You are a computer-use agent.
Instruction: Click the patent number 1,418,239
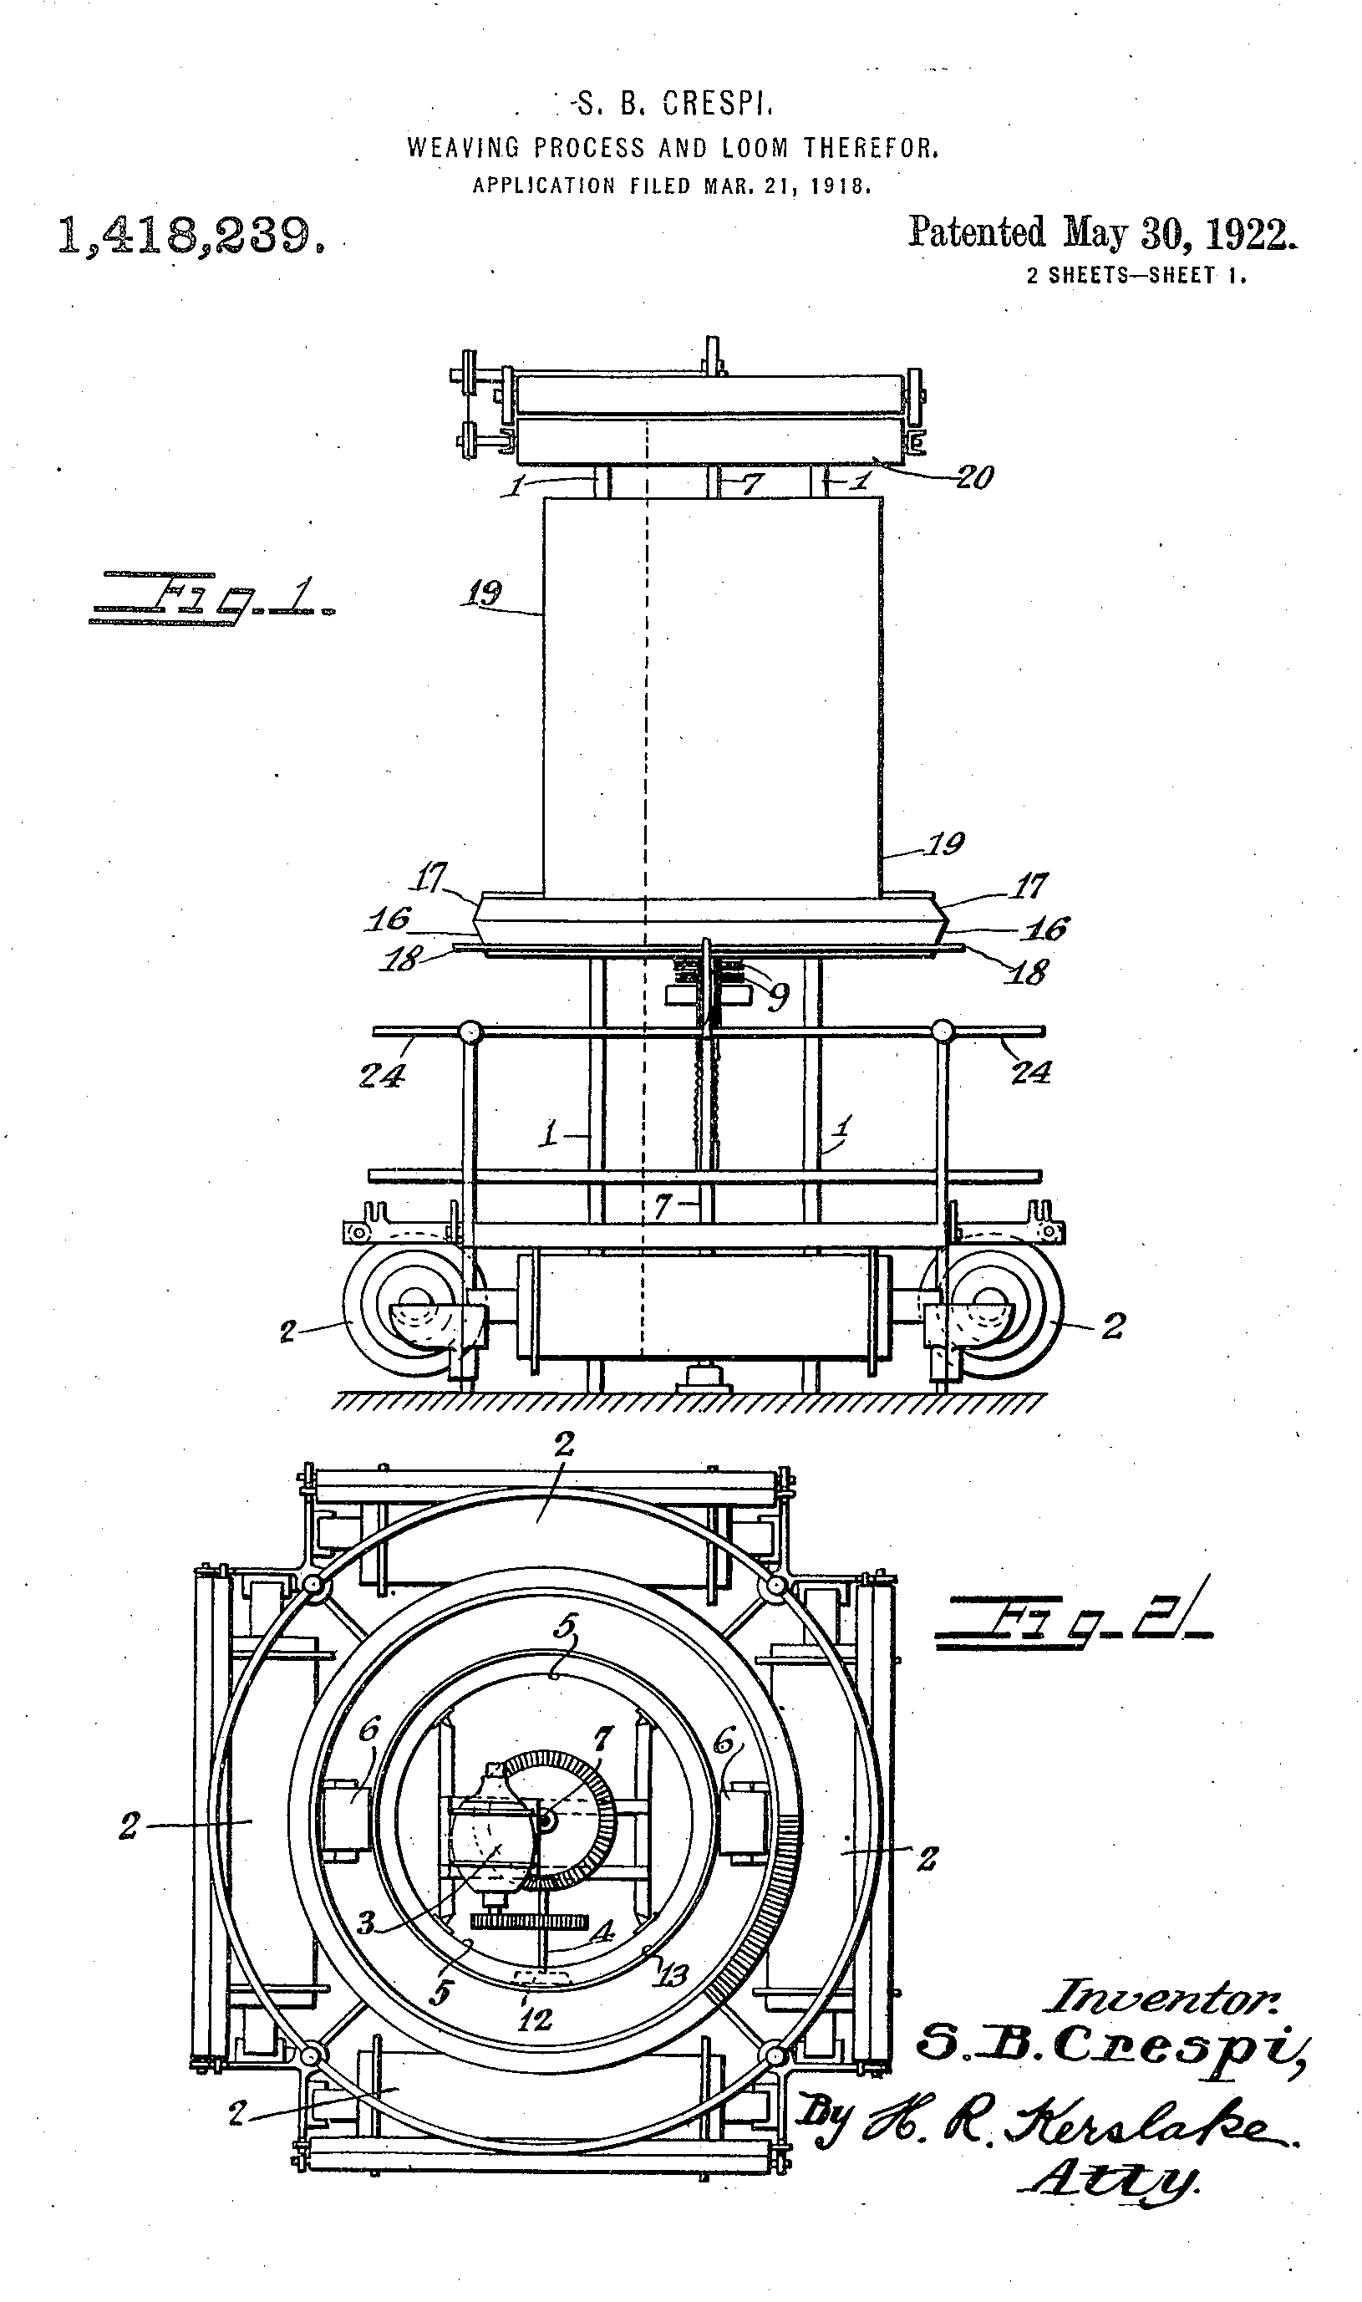tap(191, 236)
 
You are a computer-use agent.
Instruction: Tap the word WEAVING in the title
tap(464, 148)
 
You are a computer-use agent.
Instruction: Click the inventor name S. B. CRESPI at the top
tap(673, 104)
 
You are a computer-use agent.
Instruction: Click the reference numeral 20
tap(974, 477)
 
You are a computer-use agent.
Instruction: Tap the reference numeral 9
tap(778, 997)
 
